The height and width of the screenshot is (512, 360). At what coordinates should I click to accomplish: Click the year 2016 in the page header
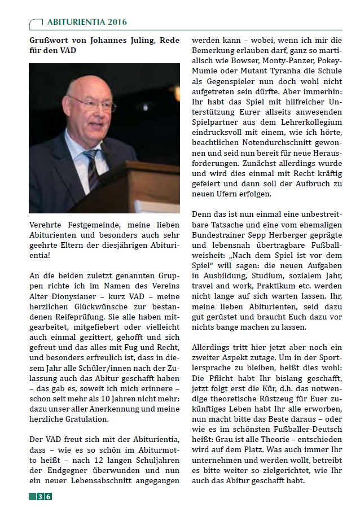click(116, 22)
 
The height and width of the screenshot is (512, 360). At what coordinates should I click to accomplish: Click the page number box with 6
click(49, 497)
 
